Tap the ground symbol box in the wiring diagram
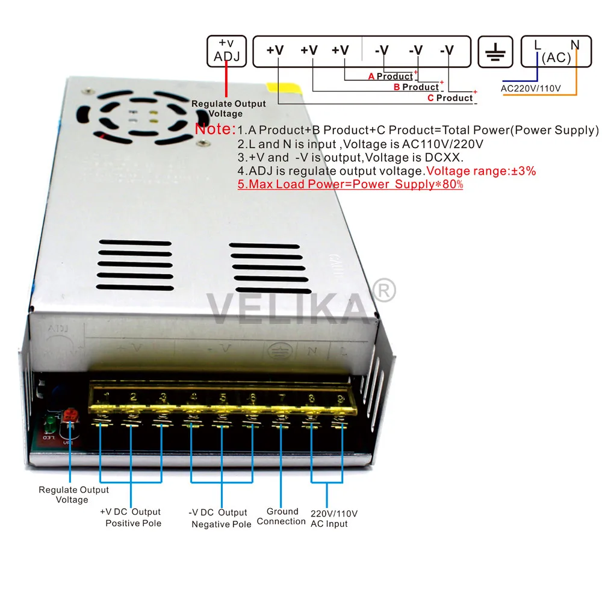coord(495,51)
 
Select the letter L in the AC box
coord(538,44)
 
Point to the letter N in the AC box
coord(574,44)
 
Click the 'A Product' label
coord(390,76)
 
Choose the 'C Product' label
coord(450,98)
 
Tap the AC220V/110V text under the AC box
coord(530,89)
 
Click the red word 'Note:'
coord(215,129)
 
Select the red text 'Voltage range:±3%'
coord(481,171)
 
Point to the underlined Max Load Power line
coord(350,184)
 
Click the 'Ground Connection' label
coord(282,517)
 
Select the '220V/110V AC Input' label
coord(334,518)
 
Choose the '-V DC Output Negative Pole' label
coord(220,518)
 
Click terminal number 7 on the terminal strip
coord(281,398)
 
